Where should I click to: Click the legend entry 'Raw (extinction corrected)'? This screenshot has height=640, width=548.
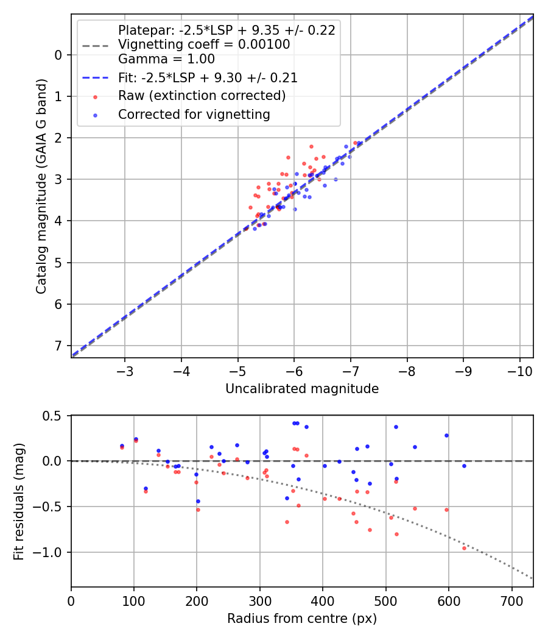pos(202,96)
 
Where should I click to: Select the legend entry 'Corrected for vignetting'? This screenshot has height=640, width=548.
pos(194,115)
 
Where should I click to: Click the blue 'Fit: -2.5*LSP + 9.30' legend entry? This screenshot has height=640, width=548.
pos(208,78)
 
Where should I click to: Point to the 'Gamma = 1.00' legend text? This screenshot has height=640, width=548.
pos(166,60)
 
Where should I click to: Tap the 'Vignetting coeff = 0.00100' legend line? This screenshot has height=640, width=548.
pos(204,44)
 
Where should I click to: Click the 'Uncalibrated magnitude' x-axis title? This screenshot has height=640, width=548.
pos(302,389)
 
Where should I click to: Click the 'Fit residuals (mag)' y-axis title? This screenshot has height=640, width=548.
pos(19,501)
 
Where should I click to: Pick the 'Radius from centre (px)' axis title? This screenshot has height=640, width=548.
pos(302,619)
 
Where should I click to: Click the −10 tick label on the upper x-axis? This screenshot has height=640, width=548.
pos(519,371)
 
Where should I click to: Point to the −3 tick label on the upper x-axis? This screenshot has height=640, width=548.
pos(125,371)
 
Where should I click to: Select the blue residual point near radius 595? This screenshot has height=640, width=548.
pos(446,435)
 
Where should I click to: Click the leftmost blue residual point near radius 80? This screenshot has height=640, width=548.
pos(122,446)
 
